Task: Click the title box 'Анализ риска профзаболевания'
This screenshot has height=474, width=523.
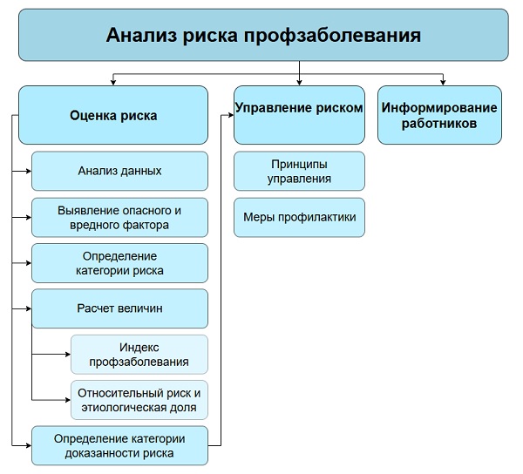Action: [x=263, y=36]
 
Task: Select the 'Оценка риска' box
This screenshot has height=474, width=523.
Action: [x=113, y=114]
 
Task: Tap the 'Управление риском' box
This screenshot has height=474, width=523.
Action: [x=299, y=114]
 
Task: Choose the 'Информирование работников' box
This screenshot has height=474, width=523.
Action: [x=439, y=114]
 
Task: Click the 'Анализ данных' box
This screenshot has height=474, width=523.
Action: [x=119, y=171]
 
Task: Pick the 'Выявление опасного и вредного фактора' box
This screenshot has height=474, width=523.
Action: [x=119, y=217]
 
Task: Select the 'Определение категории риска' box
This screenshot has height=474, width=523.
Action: [x=119, y=262]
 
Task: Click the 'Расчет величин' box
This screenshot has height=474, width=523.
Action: [x=119, y=308]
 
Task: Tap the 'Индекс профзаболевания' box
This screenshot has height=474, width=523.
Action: [x=139, y=354]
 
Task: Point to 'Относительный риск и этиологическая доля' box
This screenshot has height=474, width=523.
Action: [x=139, y=399]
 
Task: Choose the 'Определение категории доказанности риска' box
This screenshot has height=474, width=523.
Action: [x=119, y=445]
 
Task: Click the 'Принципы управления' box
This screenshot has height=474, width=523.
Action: [x=299, y=171]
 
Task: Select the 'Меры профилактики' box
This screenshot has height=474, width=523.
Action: [x=299, y=217]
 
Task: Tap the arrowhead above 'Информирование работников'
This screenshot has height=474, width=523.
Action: [x=443, y=81]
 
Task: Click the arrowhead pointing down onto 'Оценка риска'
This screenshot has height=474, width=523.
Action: [x=113, y=81]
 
